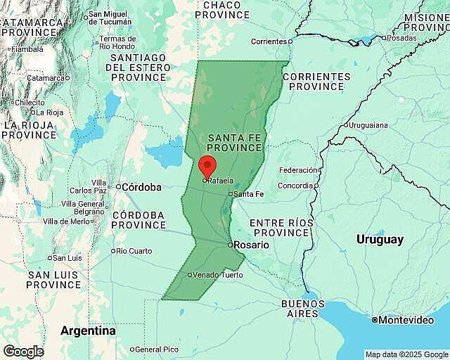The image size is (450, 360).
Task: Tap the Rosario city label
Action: coord(252,245)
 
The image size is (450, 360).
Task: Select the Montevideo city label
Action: coord(406,320)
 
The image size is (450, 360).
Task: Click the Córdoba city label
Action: coord(141,187)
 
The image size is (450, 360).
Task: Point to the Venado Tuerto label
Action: coord(218,275)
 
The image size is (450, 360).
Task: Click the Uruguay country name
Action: coord(380,240)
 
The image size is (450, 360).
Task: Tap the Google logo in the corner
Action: coord(23,352)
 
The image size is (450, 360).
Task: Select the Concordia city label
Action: coord(295,186)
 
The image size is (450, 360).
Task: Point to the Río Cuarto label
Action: coord(134,251)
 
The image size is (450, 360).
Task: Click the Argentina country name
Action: coord(88,330)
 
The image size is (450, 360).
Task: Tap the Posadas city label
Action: coord(401,38)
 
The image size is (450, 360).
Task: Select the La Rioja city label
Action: coord(50,112)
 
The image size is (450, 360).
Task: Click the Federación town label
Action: coord(298,170)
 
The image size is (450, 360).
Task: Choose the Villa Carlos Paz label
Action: coord(89,186)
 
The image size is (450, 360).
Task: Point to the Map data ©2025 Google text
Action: coord(406,354)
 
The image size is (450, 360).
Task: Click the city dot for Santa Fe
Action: coord(230,194)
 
